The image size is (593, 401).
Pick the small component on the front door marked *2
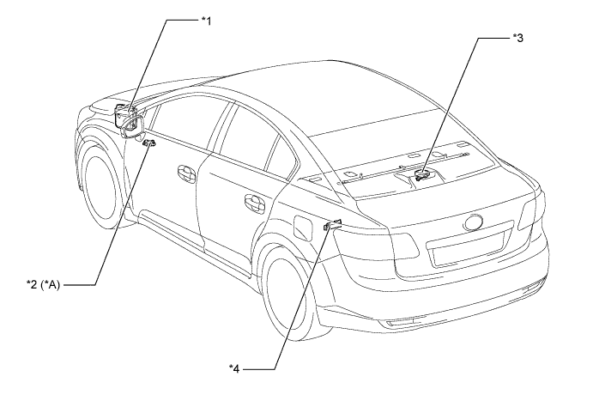149,143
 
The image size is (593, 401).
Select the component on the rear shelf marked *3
422,176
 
